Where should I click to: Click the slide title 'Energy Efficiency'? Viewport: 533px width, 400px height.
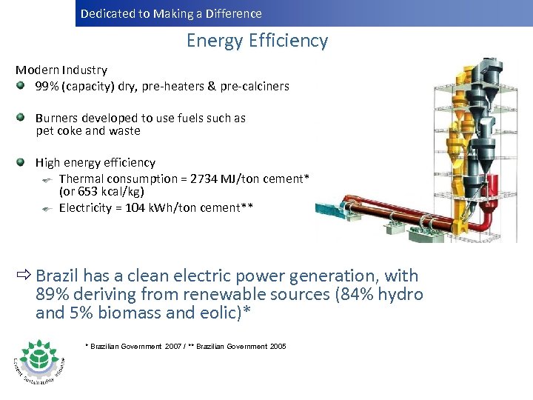pyautogui.click(x=257, y=41)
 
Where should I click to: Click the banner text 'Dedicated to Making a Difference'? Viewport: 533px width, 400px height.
pyautogui.click(x=171, y=13)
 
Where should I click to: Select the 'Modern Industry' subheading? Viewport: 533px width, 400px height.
pyautogui.click(x=61, y=70)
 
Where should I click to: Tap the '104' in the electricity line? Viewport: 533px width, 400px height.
pyautogui.click(x=135, y=208)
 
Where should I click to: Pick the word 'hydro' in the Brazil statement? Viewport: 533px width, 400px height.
pyautogui.click(x=400, y=294)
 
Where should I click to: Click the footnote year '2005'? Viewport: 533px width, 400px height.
pyautogui.click(x=278, y=347)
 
